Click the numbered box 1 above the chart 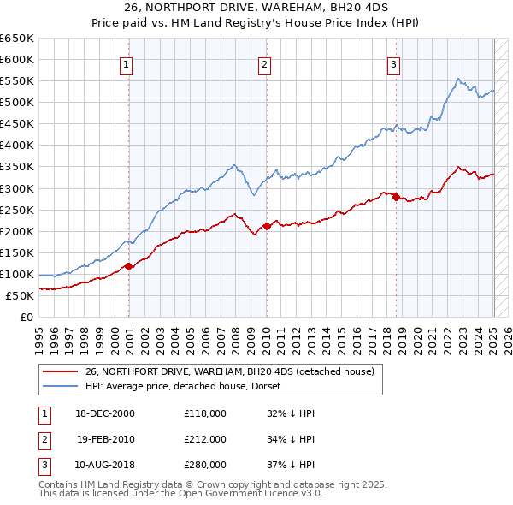[127, 64]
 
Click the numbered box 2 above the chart [265, 64]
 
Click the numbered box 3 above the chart [394, 64]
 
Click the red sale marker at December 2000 [129, 266]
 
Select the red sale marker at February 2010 [267, 226]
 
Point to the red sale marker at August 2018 [396, 197]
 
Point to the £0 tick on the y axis [28, 318]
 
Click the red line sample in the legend [60, 372]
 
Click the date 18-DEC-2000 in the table [105, 413]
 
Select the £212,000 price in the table [204, 439]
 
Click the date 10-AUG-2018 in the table [105, 466]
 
